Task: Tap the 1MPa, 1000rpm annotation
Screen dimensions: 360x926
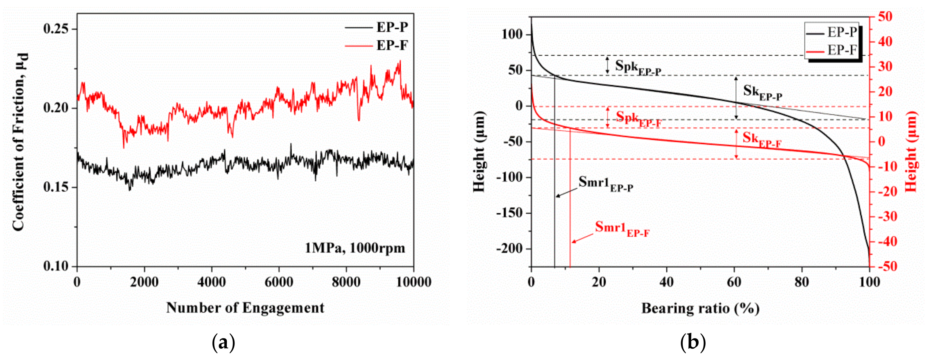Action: point(355,248)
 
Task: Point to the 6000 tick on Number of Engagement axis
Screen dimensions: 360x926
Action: point(279,282)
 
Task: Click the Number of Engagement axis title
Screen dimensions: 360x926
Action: point(245,308)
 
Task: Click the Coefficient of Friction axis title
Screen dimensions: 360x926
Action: point(20,142)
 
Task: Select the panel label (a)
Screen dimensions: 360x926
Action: point(224,342)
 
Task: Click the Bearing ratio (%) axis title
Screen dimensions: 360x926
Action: point(700,308)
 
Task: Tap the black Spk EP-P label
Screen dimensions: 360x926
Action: point(637,67)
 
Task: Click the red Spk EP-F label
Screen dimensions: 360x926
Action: point(638,119)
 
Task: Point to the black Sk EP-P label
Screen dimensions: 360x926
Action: point(762,92)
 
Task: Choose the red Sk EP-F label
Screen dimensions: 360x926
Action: point(761,139)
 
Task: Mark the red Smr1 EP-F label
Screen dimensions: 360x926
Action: point(622,228)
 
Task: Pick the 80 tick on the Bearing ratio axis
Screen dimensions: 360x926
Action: point(802,282)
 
